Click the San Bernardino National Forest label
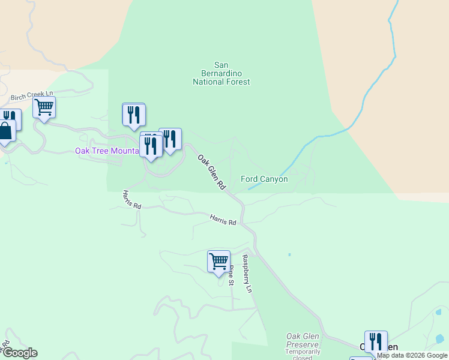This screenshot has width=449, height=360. coord(221,74)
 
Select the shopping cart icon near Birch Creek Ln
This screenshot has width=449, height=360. coord(44,108)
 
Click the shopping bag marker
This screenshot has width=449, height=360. coord(5,131)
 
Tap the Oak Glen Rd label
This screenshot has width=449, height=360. coord(211,172)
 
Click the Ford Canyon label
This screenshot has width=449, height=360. coord(264,179)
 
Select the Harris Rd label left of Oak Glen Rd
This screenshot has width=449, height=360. coord(131,199)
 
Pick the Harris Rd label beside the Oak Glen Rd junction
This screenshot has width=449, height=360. coord(223,220)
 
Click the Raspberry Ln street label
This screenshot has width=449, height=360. coord(246,274)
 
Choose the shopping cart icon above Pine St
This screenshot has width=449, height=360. coord(218,262)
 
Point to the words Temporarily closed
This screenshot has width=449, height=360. coord(303,355)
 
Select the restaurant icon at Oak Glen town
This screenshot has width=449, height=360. coord(376,341)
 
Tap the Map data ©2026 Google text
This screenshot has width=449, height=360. coord(412,355)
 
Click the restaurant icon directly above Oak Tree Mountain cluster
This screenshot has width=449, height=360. coord(134,114)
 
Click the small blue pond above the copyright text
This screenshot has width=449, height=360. coord(439,312)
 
